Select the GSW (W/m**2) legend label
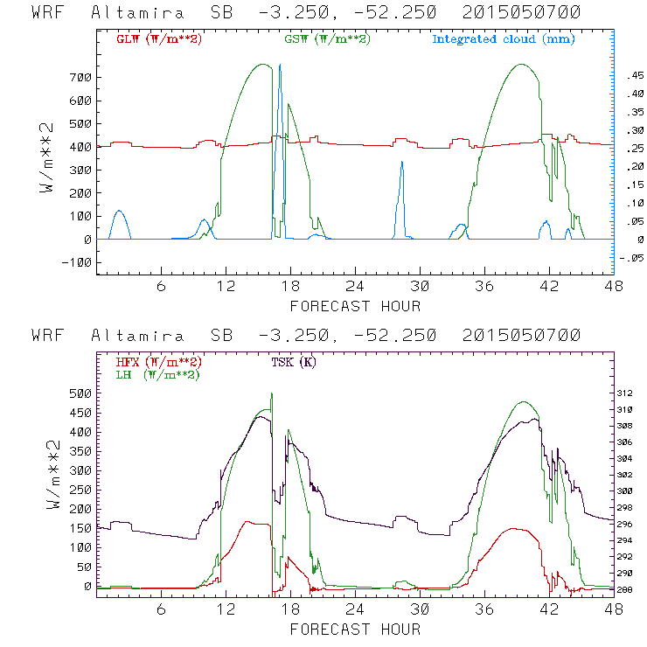[326, 39]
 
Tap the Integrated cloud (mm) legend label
[504, 39]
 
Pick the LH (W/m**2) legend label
[157, 374]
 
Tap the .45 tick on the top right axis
[632, 77]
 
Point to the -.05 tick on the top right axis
[630, 258]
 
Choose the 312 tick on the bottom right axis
[631, 393]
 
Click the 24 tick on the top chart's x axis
[355, 287]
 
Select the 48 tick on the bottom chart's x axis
[613, 610]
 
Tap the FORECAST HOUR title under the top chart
[355, 305]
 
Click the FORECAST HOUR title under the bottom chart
[355, 629]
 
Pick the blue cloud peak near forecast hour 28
[401, 163]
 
